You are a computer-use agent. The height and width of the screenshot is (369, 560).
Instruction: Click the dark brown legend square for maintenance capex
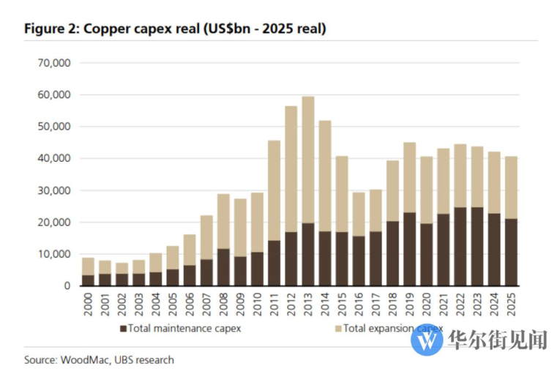[124, 329]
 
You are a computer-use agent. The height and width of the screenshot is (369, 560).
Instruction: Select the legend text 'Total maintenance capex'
[184, 329]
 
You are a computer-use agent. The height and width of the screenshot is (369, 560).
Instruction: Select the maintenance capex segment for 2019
[409, 249]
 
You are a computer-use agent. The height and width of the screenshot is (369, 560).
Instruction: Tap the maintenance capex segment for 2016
[359, 261]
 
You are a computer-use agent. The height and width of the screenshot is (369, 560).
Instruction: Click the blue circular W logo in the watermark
[427, 339]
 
